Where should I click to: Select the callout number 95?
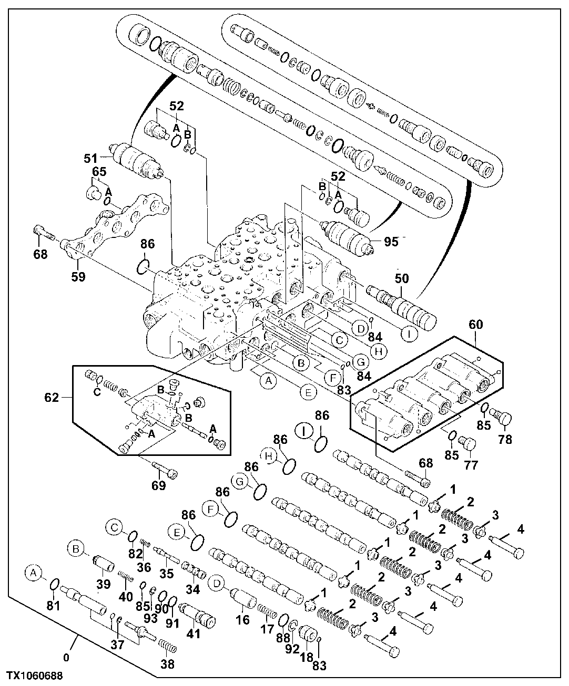[x=391, y=242]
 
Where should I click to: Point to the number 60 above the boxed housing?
[x=475, y=325]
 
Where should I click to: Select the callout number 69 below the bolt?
[x=158, y=485]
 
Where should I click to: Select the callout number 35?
[x=167, y=573]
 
